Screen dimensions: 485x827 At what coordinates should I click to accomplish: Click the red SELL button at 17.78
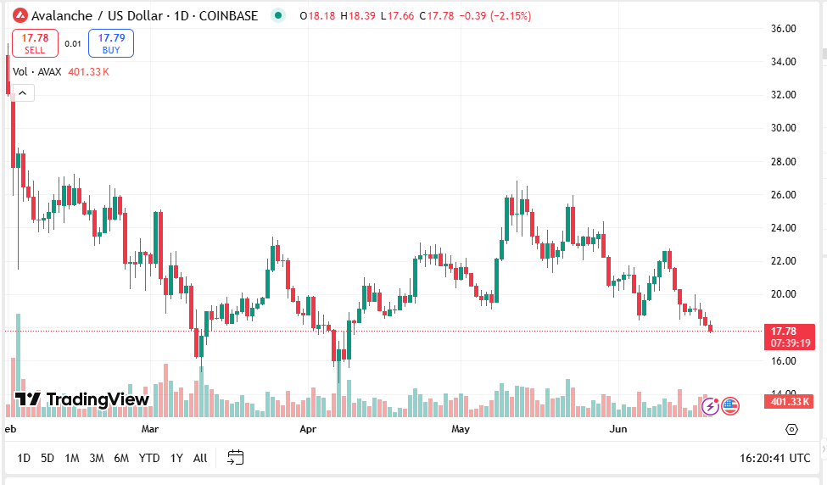click(x=35, y=43)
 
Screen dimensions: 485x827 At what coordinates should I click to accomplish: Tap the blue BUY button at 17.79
click(x=111, y=43)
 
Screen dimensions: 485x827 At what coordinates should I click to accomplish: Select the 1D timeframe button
click(x=24, y=458)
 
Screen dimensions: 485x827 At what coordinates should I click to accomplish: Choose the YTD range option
click(x=149, y=458)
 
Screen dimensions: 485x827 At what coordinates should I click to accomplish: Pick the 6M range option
click(x=121, y=458)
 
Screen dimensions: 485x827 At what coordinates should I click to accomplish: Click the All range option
click(x=200, y=458)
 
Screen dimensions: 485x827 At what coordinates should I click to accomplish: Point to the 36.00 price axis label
click(x=783, y=28)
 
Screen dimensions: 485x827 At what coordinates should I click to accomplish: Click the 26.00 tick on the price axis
click(x=783, y=194)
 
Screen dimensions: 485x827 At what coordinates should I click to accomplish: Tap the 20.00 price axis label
click(x=783, y=294)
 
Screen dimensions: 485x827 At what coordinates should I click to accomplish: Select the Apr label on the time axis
click(x=308, y=429)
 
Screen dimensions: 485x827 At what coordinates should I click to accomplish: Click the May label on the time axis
click(x=461, y=429)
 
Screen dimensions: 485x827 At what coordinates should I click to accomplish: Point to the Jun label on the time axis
click(x=618, y=429)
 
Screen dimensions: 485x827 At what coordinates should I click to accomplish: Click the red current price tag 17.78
click(x=790, y=337)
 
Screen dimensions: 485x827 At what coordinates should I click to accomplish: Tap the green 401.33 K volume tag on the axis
click(x=790, y=402)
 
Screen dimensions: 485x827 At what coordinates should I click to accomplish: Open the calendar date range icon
click(x=236, y=458)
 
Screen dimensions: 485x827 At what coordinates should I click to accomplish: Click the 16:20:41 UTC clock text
click(x=774, y=458)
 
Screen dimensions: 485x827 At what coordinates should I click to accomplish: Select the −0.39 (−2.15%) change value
click(x=494, y=15)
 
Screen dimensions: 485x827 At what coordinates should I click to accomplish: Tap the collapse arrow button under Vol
click(x=23, y=92)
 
